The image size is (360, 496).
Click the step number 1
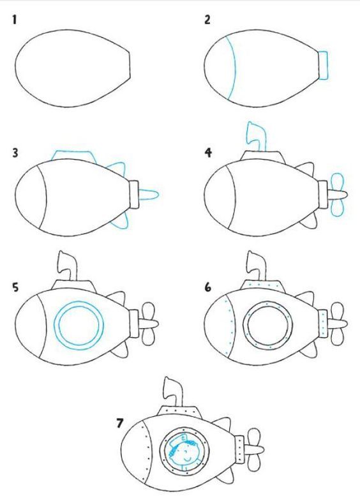13,20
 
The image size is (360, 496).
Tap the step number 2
207,20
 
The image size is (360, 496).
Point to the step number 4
207,154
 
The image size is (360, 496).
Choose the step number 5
15,287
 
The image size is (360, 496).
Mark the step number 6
207,287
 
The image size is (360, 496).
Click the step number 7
119,423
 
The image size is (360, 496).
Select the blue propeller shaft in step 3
148,194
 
